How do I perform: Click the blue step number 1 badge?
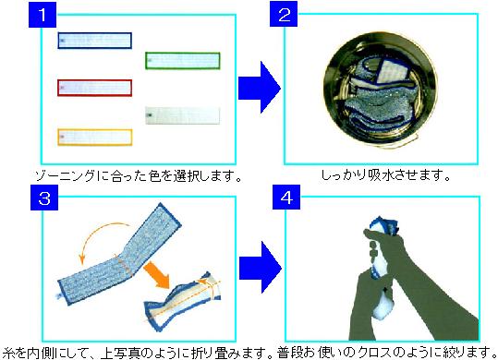[x=43, y=15]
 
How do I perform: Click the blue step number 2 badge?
[x=284, y=14]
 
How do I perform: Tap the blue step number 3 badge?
[x=44, y=198]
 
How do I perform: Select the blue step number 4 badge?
[x=286, y=197]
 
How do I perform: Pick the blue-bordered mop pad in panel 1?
[x=94, y=41]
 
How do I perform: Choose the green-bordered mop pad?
[x=183, y=61]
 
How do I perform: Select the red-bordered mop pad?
[x=94, y=88]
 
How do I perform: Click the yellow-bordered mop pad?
[x=94, y=137]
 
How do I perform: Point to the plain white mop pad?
[x=183, y=115]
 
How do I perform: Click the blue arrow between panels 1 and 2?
[x=259, y=88]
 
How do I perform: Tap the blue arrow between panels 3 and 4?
[x=261, y=267]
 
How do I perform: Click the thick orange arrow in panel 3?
[x=156, y=276]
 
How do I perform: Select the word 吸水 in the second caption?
[x=381, y=175]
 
